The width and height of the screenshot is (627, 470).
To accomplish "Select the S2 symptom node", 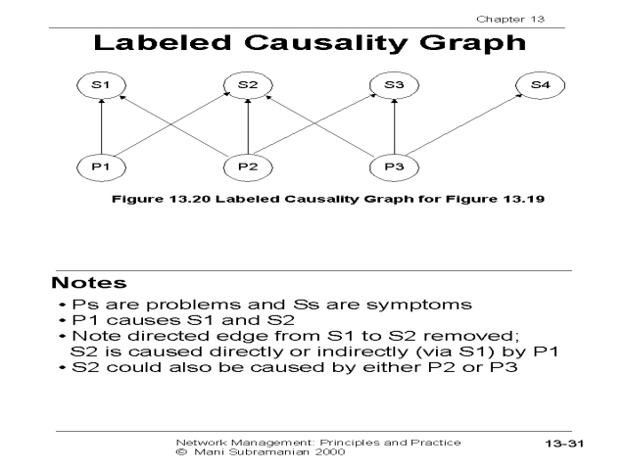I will [248, 85].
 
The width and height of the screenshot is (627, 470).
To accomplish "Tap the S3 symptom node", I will [394, 85].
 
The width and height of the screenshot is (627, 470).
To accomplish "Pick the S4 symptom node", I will [540, 85].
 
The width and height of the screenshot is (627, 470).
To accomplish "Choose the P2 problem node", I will [248, 165].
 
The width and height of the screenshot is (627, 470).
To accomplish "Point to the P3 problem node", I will [394, 165].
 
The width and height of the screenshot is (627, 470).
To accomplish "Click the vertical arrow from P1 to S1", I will [102, 125].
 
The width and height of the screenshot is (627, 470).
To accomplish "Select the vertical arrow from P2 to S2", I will [248, 125].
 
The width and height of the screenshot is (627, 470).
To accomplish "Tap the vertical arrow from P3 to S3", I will [394, 125].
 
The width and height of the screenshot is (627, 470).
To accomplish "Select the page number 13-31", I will [564, 446].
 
